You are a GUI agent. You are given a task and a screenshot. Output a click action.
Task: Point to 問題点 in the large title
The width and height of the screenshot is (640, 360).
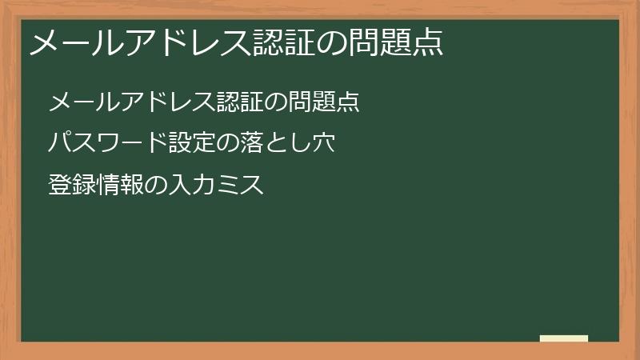(396, 42)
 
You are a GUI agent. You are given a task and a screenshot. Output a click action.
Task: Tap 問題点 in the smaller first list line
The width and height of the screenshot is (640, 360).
(324, 102)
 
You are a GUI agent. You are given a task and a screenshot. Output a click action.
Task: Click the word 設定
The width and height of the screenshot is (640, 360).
(192, 144)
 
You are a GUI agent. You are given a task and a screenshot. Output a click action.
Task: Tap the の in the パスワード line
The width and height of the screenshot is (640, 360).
(228, 144)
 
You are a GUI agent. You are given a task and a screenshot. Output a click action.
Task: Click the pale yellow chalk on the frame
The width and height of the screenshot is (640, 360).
(564, 338)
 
